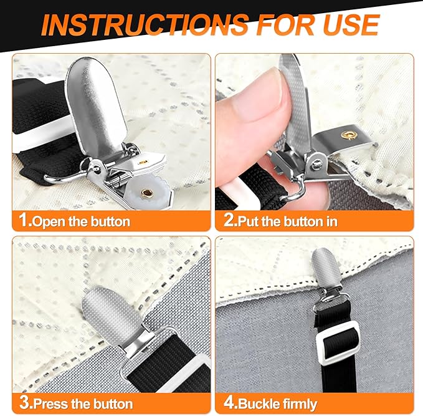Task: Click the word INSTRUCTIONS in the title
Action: [145, 24]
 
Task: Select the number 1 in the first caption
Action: [24, 220]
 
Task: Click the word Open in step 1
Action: [49, 222]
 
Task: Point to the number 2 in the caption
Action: [229, 220]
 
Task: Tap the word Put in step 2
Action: [249, 221]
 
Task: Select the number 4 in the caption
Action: [229, 402]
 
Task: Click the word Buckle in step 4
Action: [259, 404]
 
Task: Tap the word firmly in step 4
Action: [300, 405]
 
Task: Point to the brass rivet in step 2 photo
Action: [348, 135]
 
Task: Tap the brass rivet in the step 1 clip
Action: [147, 193]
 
